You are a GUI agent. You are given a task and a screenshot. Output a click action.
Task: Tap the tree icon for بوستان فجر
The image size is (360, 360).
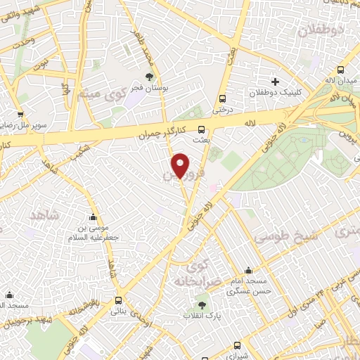pyautogui.click(x=148, y=76)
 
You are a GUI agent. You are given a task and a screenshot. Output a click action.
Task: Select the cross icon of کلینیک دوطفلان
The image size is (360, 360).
pyautogui.click(x=275, y=81)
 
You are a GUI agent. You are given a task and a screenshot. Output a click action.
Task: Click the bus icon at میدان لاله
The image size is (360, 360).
pyautogui.click(x=341, y=70)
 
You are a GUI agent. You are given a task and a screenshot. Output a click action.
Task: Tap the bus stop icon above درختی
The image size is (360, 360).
pyautogui.click(x=223, y=98)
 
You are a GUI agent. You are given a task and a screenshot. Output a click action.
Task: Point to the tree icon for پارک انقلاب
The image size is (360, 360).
pyautogui.click(x=202, y=306)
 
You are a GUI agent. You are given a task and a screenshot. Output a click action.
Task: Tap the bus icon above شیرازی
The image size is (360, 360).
pyautogui.click(x=236, y=345)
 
